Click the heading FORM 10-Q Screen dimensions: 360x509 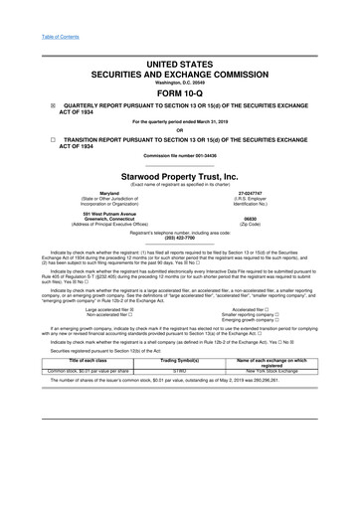(179, 92)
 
